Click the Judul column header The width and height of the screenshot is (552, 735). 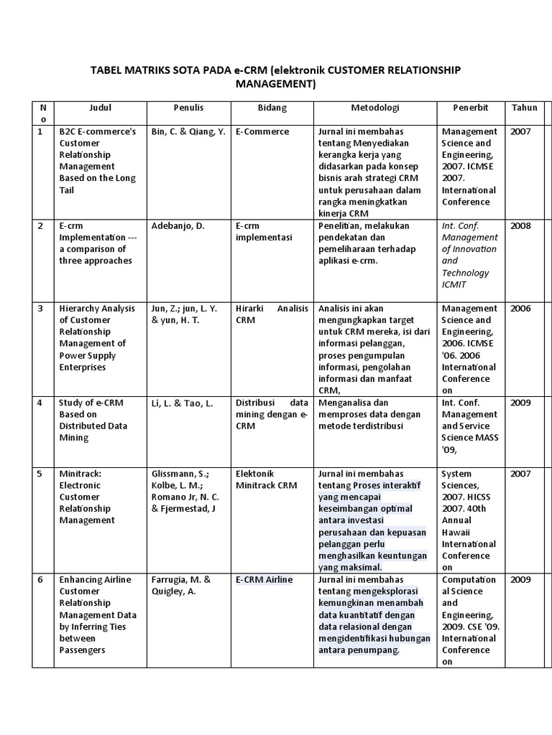point(100,108)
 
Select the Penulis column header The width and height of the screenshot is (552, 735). point(188,108)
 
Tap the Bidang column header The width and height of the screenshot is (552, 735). point(272,108)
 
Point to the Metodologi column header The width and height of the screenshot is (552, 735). point(374,108)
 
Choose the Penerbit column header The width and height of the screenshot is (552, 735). point(470,108)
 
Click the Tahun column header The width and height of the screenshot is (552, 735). point(524,108)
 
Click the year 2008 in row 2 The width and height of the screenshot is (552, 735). point(520,225)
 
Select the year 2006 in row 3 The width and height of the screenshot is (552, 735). point(520,309)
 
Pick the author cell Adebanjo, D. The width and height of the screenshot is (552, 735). point(178,225)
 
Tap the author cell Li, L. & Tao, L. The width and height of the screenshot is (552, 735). point(183,403)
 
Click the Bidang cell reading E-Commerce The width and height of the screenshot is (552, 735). point(262,131)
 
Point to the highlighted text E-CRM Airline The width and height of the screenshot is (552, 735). point(264,580)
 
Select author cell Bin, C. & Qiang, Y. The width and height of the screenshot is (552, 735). point(188,131)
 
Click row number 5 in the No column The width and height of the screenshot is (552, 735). point(40,474)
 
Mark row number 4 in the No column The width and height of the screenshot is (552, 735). point(40,403)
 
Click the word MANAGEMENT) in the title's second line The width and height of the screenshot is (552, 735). point(276,84)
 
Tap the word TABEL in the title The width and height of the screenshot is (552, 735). point(106,70)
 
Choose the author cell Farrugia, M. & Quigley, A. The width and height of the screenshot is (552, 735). point(181,586)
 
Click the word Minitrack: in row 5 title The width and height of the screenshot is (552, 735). point(80,474)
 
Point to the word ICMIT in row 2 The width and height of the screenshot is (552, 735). point(454,284)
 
